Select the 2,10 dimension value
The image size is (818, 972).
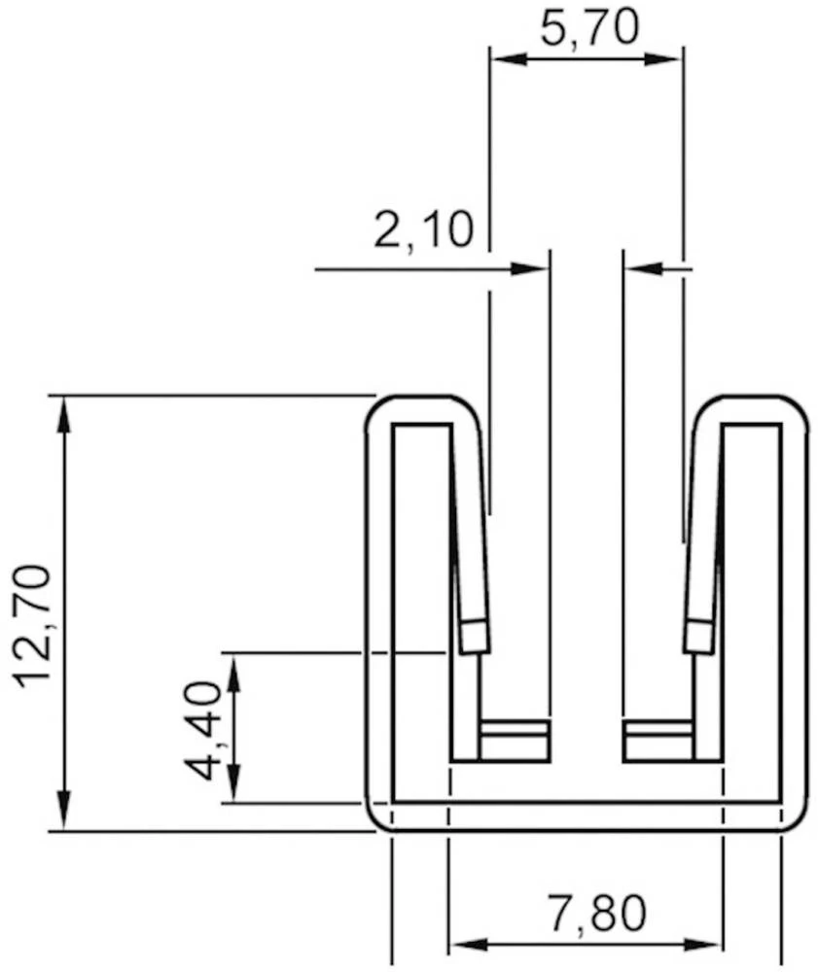[x=423, y=231]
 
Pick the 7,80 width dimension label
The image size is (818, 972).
[x=595, y=913]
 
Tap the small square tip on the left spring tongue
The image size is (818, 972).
[x=474, y=637]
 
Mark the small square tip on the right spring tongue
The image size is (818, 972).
[x=697, y=637]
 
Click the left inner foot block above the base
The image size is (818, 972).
[x=515, y=741]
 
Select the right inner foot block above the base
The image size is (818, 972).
[x=658, y=741]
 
